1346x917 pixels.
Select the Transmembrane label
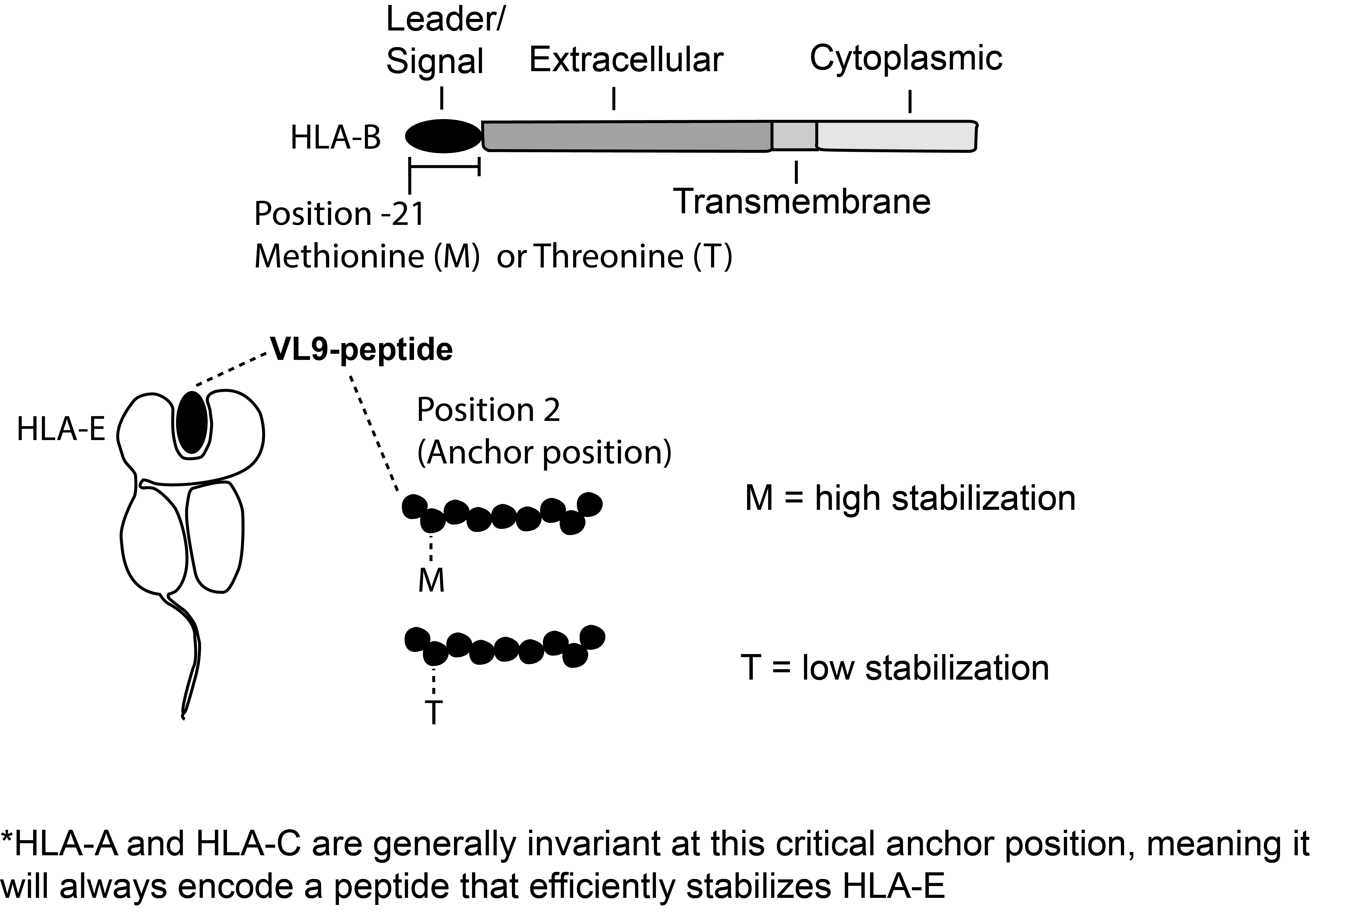[x=802, y=201]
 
